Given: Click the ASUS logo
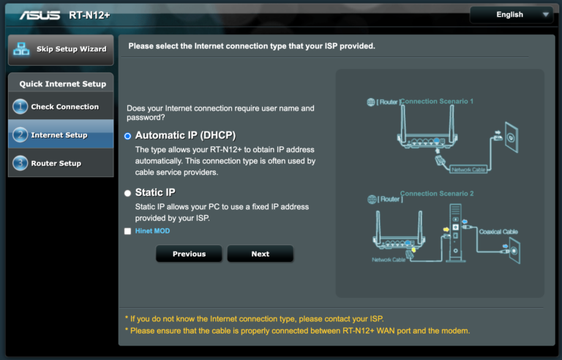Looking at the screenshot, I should tap(40, 15).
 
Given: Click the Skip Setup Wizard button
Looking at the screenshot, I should tap(61, 50).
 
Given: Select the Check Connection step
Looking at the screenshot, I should tap(64, 107).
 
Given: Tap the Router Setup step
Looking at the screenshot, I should tap(56, 163).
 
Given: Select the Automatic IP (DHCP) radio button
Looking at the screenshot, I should tap(128, 136).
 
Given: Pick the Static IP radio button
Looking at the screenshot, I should tap(128, 193).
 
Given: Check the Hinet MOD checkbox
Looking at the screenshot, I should tap(128, 231).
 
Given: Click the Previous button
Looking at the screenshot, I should tap(189, 254).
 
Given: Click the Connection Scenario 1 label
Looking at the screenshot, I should tap(437, 101).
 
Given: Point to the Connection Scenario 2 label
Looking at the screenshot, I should tap(437, 194).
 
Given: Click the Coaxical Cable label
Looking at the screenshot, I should tap(498, 232).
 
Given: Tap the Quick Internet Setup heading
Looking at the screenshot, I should tap(62, 84).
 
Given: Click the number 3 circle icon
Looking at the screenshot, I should tap(20, 163).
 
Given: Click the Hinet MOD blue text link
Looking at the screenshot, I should tap(152, 231).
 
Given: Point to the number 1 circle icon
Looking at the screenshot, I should tap(20, 107).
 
